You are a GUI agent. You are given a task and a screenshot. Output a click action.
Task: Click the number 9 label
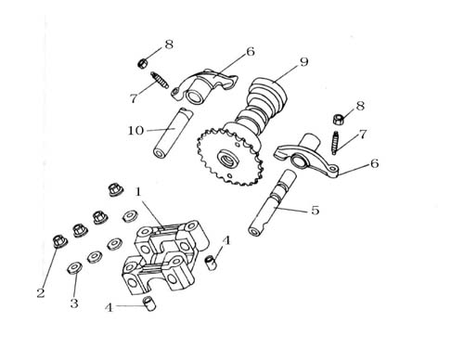304,62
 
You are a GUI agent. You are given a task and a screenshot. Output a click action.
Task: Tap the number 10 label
135,131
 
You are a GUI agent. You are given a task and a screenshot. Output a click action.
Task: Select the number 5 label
315,211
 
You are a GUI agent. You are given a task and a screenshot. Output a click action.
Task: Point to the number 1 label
138,192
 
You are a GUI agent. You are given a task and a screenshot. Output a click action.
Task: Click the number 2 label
41,293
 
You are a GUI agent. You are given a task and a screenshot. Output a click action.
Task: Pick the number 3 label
74,303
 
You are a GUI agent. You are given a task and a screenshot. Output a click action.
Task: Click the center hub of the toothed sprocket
229,159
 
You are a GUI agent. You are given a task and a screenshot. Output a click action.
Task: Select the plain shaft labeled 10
173,134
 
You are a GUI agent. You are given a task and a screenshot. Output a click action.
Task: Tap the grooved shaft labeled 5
271,204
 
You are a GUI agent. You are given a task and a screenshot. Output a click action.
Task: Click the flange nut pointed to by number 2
59,241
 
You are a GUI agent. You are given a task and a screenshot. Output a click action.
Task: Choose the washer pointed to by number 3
75,268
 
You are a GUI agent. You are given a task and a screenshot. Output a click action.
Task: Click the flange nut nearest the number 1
116,189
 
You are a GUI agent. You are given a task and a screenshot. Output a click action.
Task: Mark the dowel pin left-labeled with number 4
149,303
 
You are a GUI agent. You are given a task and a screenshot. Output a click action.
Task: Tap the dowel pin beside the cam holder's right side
212,263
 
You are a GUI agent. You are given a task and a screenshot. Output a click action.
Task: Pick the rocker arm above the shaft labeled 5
306,154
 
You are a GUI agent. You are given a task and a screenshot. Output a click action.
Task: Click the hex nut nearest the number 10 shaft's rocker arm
142,63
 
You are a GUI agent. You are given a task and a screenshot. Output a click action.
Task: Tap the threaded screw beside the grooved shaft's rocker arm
335,143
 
